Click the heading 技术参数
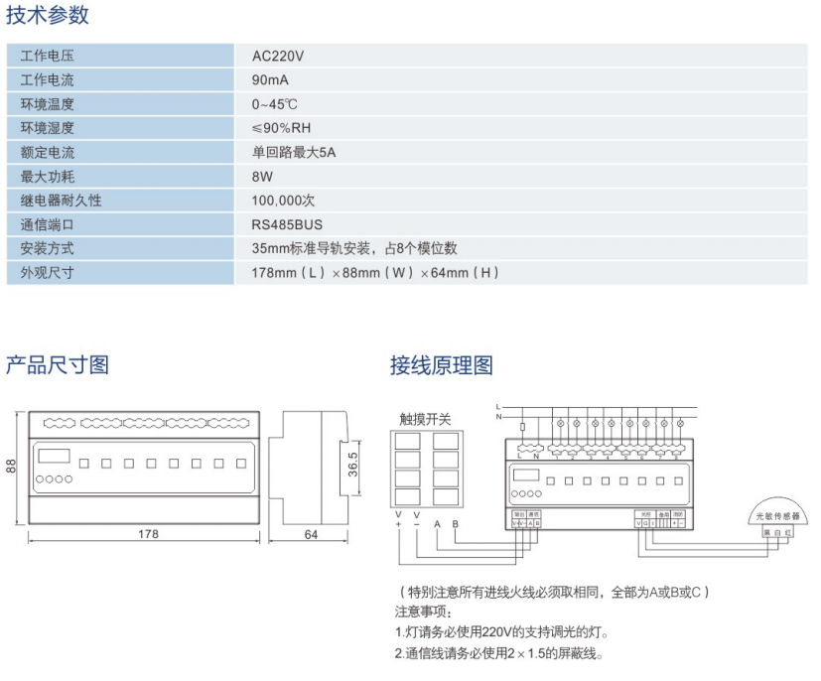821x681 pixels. pyautogui.click(x=48, y=15)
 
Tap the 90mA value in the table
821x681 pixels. pyautogui.click(x=270, y=80)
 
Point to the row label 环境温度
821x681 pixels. pyautogui.click(x=48, y=104)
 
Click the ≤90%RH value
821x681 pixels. pyautogui.click(x=281, y=128)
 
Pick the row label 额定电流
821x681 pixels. pyautogui.click(x=48, y=153)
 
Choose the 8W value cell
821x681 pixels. pyautogui.click(x=262, y=177)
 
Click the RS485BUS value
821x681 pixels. pyautogui.click(x=287, y=224)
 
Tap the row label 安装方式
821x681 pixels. pyautogui.click(x=48, y=248)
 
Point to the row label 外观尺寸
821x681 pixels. pyautogui.click(x=48, y=272)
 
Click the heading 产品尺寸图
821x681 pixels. pyautogui.click(x=58, y=365)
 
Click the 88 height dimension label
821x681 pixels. pyautogui.click(x=12, y=465)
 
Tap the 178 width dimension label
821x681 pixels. pyautogui.click(x=147, y=534)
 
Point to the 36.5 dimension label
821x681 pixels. pyautogui.click(x=352, y=465)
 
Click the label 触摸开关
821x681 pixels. pyautogui.click(x=425, y=419)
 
